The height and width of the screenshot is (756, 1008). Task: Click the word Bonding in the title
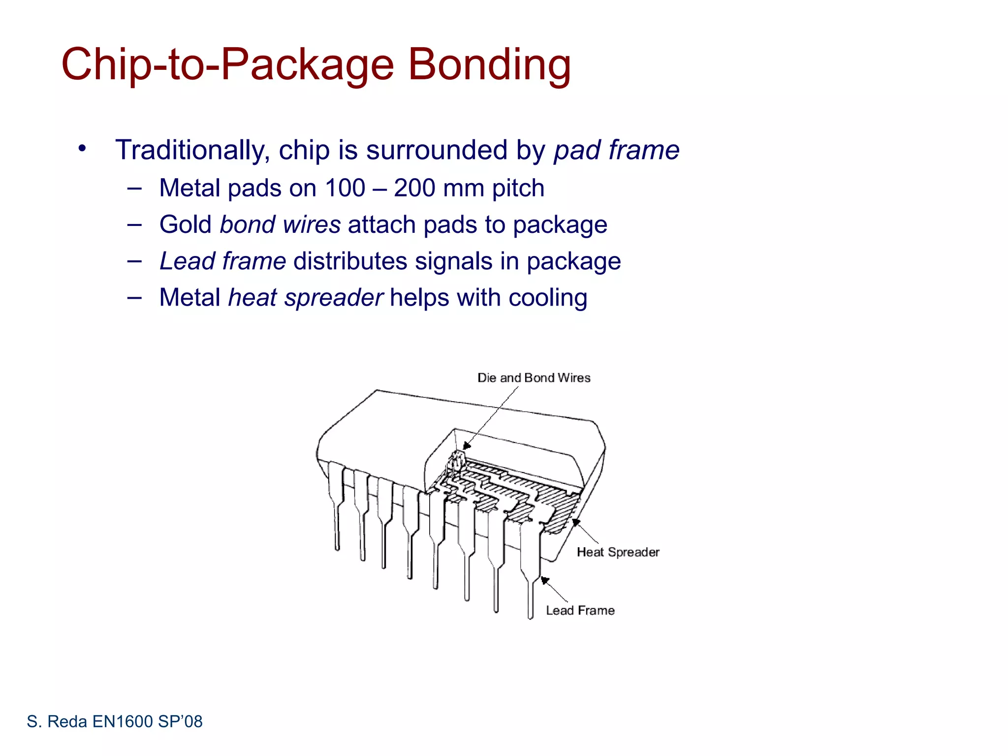click(489, 65)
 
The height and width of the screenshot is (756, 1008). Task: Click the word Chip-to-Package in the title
click(227, 65)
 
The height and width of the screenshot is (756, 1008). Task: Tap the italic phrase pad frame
click(616, 150)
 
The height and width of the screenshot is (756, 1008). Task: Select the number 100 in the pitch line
click(345, 188)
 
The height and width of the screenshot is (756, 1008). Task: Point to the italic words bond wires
click(280, 225)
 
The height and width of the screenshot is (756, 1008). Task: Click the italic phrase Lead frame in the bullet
click(222, 261)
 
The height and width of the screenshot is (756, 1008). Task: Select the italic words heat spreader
click(306, 298)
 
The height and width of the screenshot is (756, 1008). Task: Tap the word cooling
click(547, 298)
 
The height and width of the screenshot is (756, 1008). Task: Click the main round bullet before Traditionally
click(82, 148)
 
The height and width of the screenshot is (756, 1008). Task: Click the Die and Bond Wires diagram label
click(534, 378)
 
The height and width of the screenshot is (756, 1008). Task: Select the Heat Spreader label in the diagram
click(618, 552)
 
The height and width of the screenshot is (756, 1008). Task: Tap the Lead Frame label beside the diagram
click(580, 610)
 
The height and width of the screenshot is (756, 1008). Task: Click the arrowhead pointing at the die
click(467, 446)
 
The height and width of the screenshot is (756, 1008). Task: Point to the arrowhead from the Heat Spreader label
click(575, 522)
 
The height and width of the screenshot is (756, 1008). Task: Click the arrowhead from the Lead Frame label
click(544, 580)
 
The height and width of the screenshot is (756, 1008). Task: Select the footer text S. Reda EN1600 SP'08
click(114, 722)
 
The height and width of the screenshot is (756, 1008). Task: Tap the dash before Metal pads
click(134, 188)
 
